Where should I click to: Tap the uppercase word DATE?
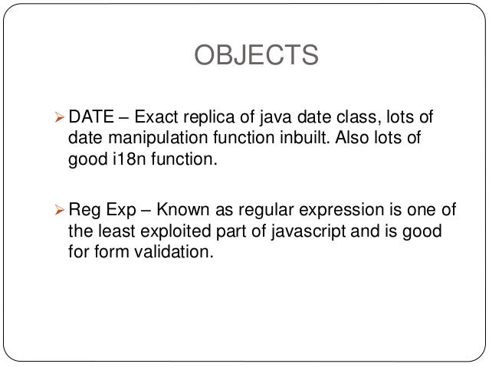tap(90, 117)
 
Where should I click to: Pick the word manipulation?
tap(149, 139)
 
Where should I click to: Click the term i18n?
tap(122, 162)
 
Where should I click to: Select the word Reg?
tap(84, 210)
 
